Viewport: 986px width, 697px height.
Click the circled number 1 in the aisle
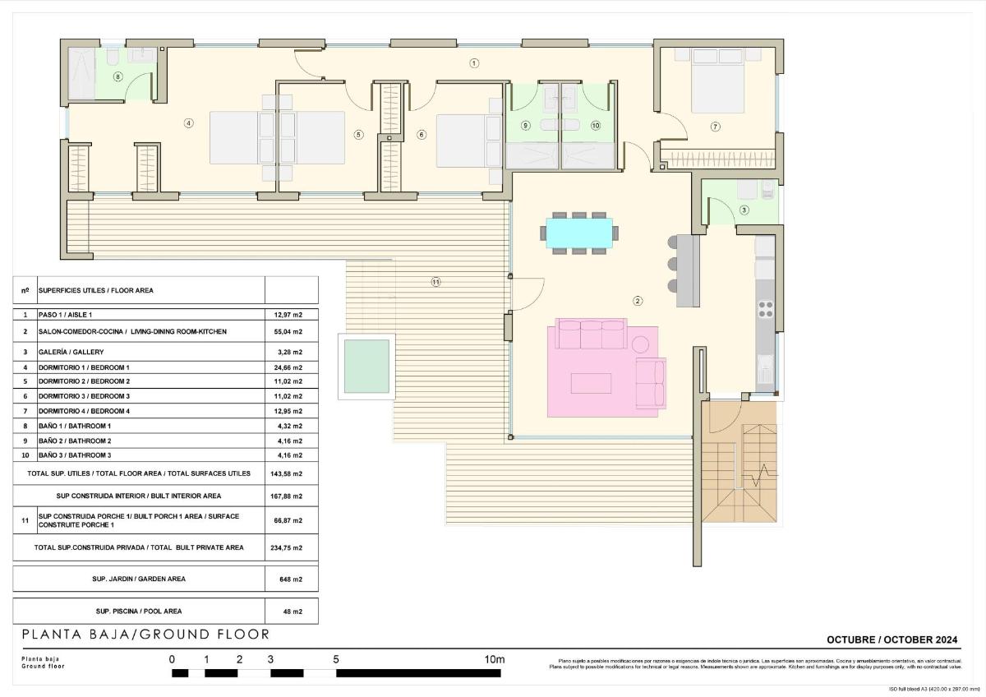[474, 62]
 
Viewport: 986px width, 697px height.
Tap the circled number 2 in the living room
[638, 301]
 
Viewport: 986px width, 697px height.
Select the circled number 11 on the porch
[435, 282]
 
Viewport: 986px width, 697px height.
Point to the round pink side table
[640, 343]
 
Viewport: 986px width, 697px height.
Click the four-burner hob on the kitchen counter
[765, 309]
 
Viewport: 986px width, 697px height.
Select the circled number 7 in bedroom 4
[715, 126]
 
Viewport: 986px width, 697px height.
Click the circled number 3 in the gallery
[744, 210]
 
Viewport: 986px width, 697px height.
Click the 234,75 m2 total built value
[288, 547]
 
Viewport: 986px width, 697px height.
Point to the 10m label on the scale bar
[494, 659]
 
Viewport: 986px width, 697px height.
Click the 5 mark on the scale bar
[336, 659]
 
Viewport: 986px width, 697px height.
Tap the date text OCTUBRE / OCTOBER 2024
[892, 639]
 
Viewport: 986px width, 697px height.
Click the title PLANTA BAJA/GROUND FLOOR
[145, 635]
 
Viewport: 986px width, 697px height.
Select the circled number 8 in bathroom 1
[118, 77]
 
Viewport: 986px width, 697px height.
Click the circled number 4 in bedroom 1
[188, 123]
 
